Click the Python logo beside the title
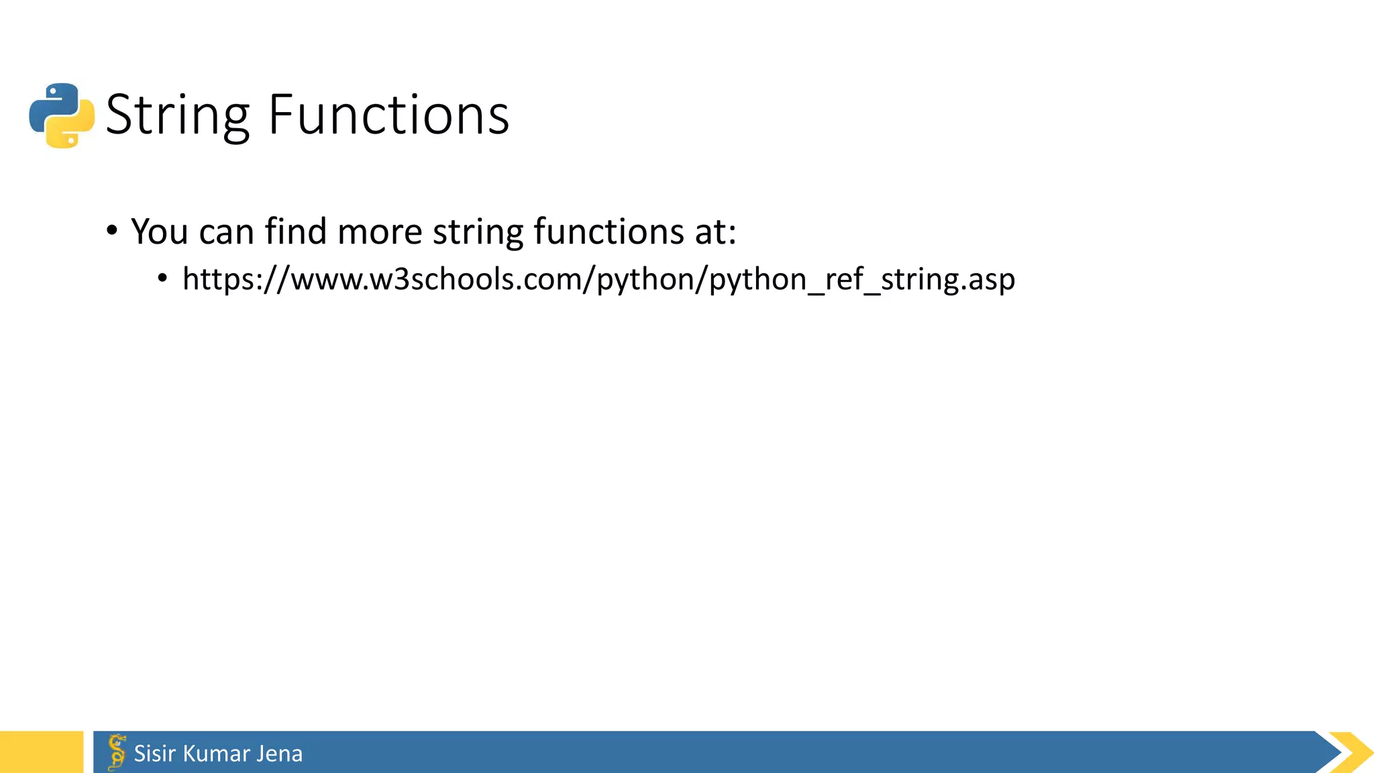point(62,115)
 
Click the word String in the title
point(178,115)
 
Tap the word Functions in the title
point(388,115)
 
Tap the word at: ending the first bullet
point(716,231)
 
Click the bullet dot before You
point(112,231)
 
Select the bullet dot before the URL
point(162,278)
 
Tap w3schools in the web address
point(443,279)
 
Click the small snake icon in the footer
point(117,752)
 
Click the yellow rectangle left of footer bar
point(41,752)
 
